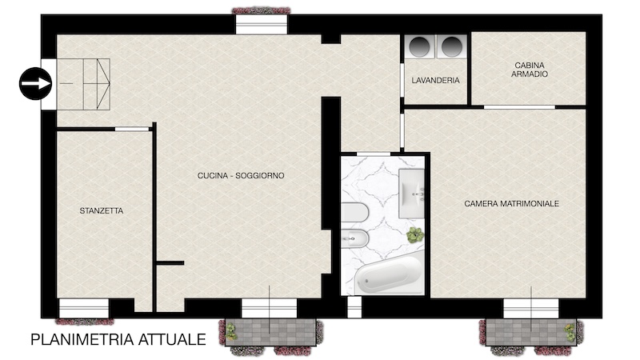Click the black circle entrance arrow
tap(35, 83)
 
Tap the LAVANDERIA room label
tap(435, 81)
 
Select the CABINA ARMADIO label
tap(530, 70)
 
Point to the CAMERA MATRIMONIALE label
tap(511, 203)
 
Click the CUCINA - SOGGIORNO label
tap(241, 175)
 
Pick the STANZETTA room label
tap(102, 210)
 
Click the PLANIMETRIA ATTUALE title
tap(118, 339)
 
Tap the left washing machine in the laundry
tap(421, 46)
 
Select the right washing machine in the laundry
tap(451, 46)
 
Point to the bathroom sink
tap(411, 193)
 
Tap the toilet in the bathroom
tap(354, 212)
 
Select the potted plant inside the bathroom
tap(415, 235)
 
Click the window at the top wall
tap(262, 24)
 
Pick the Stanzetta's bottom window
tap(84, 308)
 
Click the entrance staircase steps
tap(84, 84)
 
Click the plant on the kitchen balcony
tap(231, 331)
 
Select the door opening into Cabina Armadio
tap(519, 107)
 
